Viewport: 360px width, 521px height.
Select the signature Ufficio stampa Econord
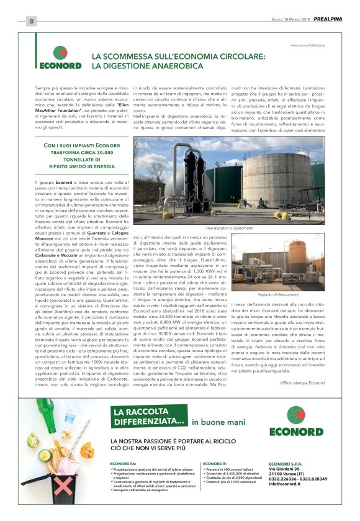click(302, 383)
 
